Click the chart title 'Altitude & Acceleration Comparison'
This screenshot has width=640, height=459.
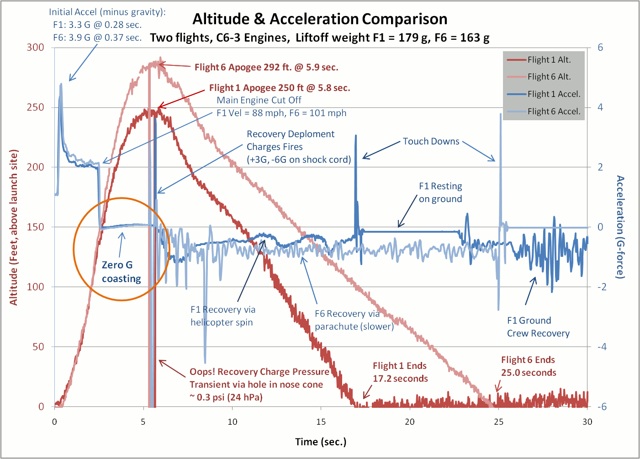pyautogui.click(x=320, y=19)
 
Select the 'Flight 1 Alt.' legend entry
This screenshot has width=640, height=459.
pyautogui.click(x=549, y=60)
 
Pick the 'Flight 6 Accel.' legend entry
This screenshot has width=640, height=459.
pyautogui.click(x=553, y=112)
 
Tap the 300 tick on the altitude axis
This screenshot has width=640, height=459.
pyautogui.click(x=35, y=47)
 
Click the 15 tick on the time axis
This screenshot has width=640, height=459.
pyautogui.click(x=321, y=422)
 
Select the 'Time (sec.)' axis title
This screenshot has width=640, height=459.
pyautogui.click(x=321, y=442)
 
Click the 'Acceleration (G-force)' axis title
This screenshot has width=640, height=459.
pyautogui.click(x=620, y=227)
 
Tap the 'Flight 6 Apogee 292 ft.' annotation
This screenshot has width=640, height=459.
pyautogui.click(x=266, y=67)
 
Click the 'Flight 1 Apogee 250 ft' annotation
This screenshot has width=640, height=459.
pyautogui.click(x=280, y=88)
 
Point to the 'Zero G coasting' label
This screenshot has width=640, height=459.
pyautogui.click(x=121, y=272)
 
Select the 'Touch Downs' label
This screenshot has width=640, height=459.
pyautogui.click(x=431, y=141)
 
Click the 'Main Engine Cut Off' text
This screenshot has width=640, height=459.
pyautogui.click(x=259, y=100)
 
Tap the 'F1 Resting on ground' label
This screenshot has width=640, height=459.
pyautogui.click(x=440, y=192)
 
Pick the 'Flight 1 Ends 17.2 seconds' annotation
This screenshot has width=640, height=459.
pyautogui.click(x=400, y=372)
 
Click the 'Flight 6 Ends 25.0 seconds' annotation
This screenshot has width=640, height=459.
pyautogui.click(x=529, y=366)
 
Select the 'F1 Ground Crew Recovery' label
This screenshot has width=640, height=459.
pyautogui.click(x=538, y=327)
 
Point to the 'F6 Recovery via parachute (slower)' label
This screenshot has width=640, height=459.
pyautogui.click(x=354, y=320)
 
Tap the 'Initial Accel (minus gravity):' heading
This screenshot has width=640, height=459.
pyautogui.click(x=107, y=12)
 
